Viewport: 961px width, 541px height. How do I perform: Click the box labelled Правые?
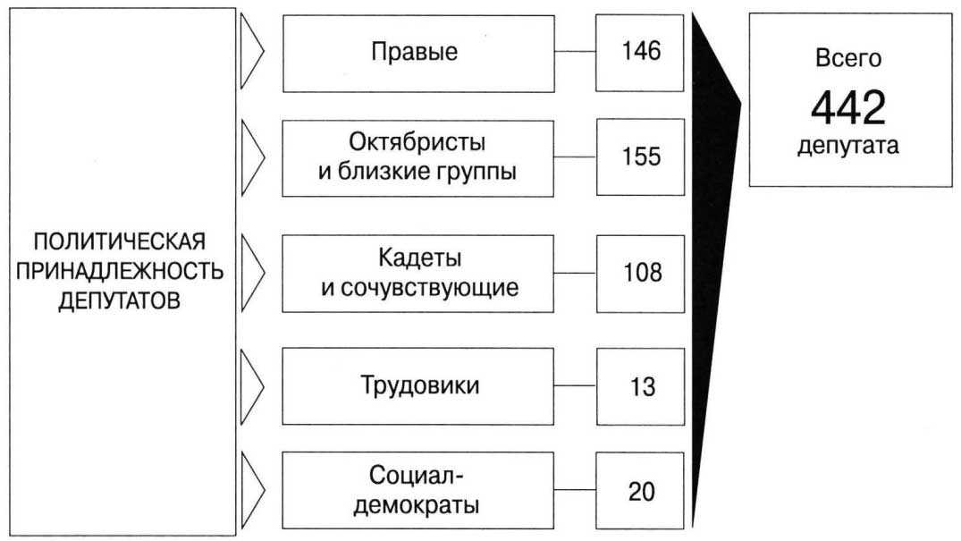coord(413,53)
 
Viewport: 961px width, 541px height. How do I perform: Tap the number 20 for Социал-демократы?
coord(640,492)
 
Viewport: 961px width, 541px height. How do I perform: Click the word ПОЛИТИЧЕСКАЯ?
coord(119,242)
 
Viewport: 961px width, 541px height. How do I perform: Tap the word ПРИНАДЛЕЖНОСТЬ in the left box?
coord(119,271)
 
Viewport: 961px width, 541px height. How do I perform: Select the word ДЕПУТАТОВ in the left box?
coord(119,300)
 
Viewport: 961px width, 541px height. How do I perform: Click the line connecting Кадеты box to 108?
coord(575,274)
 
